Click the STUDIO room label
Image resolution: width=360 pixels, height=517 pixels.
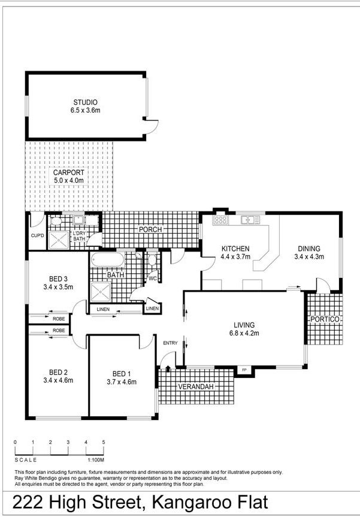click(x=85, y=102)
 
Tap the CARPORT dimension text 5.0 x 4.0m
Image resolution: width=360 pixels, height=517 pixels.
click(x=68, y=180)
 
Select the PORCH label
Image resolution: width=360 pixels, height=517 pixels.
click(x=150, y=229)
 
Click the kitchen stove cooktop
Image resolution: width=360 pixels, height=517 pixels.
click(x=220, y=220)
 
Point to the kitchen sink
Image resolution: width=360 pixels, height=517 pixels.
click(x=250, y=220)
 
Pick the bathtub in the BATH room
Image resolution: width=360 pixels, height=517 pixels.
click(x=107, y=260)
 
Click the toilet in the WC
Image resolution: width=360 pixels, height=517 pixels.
click(x=152, y=259)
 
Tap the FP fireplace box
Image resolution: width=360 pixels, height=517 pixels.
click(x=244, y=370)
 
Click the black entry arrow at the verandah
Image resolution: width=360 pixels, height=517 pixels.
click(x=168, y=368)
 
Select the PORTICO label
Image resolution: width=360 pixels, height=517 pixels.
click(x=325, y=319)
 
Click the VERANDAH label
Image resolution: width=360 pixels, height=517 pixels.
click(x=196, y=386)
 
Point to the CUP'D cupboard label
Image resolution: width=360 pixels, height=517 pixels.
click(x=37, y=236)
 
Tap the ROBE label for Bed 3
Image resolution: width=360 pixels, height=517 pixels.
click(x=59, y=319)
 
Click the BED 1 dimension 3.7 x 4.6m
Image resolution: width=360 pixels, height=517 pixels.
click(x=122, y=382)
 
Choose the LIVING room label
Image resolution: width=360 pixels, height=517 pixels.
click(x=244, y=325)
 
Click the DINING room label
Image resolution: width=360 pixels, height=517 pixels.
click(x=309, y=249)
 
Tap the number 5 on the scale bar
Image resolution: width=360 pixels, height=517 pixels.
click(x=104, y=442)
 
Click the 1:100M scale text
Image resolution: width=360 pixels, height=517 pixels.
click(x=96, y=459)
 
